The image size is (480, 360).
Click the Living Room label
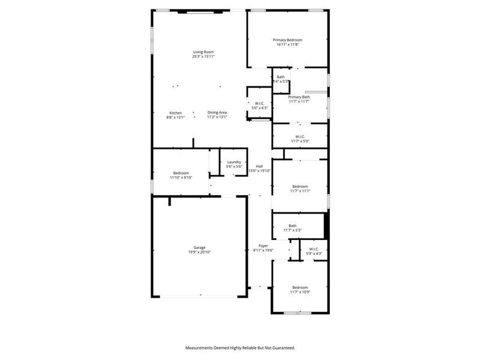click(203, 52)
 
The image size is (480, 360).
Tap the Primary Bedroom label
click(288, 40)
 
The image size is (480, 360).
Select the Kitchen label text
click(175, 113)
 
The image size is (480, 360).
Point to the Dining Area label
click(217, 113)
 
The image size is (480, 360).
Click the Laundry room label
click(234, 162)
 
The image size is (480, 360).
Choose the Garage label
click(199, 247)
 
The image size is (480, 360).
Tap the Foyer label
click(263, 246)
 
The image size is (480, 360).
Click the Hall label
click(259, 166)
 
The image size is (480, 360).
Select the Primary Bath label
click(299, 97)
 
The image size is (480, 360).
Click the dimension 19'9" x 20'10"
click(199, 252)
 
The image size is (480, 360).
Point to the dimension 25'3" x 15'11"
click(203, 57)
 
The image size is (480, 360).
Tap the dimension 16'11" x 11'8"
click(288, 45)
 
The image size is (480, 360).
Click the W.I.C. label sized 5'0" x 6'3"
click(260, 103)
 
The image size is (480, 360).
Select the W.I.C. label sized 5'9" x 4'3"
click(314, 249)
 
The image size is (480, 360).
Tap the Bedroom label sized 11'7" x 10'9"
click(299, 287)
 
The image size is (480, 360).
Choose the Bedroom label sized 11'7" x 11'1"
click(299, 186)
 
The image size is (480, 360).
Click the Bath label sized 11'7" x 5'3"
click(292, 226)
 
